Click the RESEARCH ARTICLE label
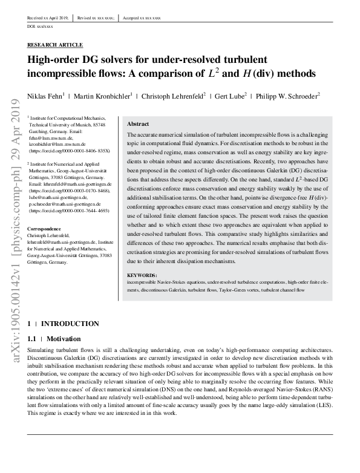click(56, 45)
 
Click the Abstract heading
click(139, 123)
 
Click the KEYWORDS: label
click(142, 276)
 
